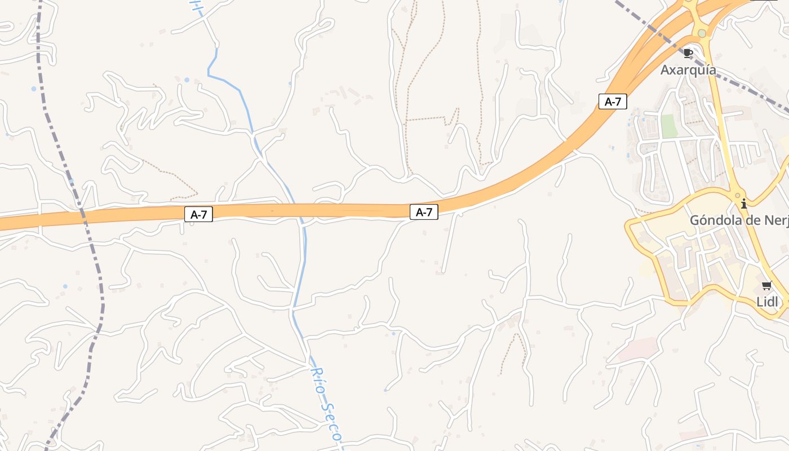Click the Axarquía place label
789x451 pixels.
click(x=688, y=70)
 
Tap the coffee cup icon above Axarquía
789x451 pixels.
click(x=688, y=54)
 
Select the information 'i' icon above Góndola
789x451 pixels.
click(x=744, y=204)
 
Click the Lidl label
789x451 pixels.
click(x=767, y=302)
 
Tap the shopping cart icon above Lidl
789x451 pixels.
click(x=766, y=286)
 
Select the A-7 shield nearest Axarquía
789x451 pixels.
click(x=613, y=101)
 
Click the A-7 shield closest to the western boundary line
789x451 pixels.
click(x=198, y=214)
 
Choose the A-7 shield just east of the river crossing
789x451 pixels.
click(x=424, y=212)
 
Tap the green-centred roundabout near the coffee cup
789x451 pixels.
click(x=702, y=33)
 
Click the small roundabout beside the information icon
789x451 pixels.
click(x=737, y=196)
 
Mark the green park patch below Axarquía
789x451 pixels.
click(x=670, y=126)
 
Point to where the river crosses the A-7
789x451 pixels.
click(x=299, y=211)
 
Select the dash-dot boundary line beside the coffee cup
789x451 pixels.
click(x=665, y=39)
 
